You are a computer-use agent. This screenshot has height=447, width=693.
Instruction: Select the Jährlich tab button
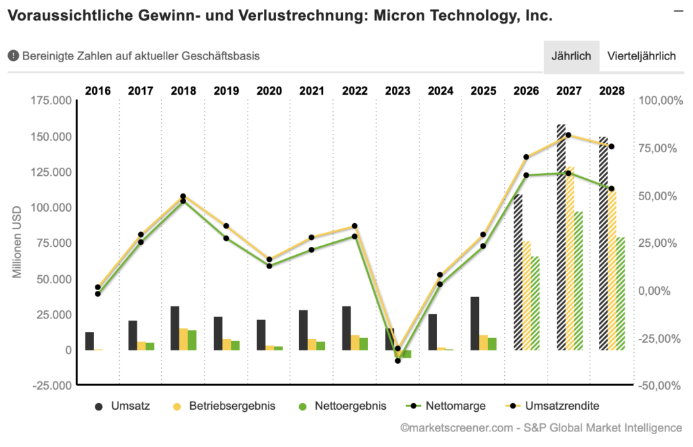(571, 56)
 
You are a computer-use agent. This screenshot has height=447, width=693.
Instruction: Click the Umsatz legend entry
(123, 406)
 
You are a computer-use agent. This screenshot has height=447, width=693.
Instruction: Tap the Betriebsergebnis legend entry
(223, 406)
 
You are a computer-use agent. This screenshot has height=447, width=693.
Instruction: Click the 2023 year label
(398, 90)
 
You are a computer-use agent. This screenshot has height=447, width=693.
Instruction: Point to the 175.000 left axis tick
(53, 101)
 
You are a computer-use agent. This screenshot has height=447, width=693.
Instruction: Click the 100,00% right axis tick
(658, 101)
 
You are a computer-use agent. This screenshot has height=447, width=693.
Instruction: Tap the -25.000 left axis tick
(53, 385)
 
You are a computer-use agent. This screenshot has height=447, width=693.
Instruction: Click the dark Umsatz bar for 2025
(475, 323)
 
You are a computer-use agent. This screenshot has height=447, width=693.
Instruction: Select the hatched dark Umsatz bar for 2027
(561, 237)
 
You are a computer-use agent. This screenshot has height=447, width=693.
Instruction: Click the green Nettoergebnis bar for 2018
(192, 340)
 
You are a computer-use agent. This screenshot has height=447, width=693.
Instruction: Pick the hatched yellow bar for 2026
(527, 296)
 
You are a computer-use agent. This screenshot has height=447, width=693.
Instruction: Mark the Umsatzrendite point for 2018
(183, 197)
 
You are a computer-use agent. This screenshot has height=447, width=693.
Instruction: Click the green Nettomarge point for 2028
(612, 189)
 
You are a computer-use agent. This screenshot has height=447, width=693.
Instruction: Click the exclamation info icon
(13, 56)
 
